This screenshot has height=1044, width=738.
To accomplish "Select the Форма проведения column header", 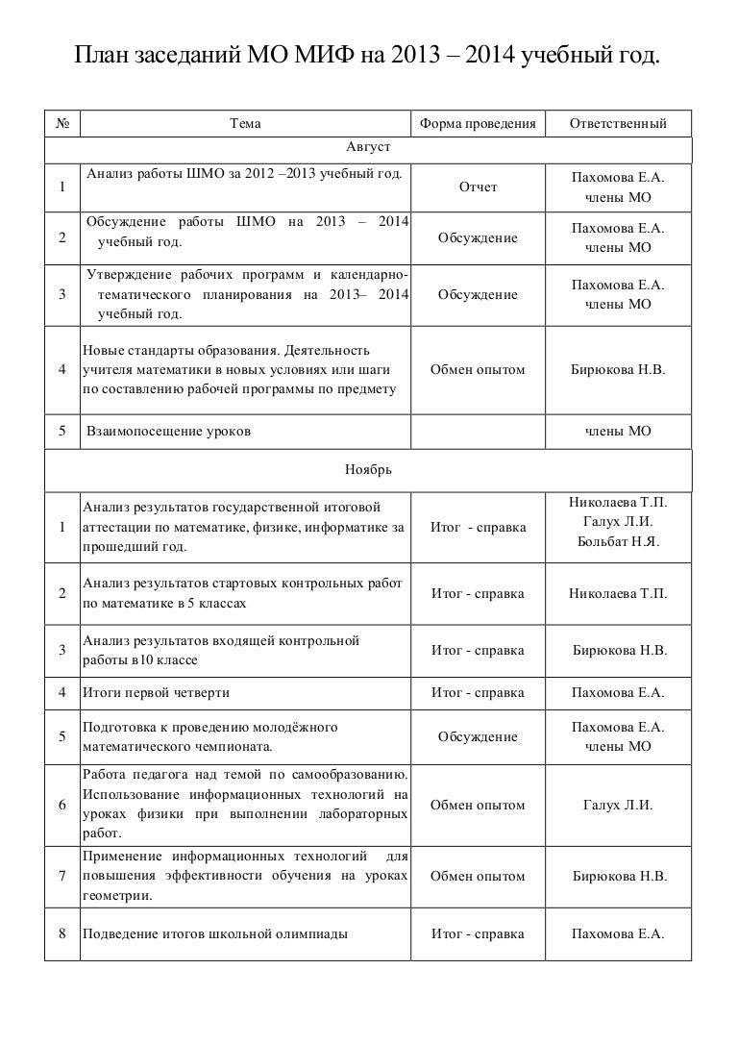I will click(477, 124).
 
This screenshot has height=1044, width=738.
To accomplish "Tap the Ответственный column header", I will click(618, 124).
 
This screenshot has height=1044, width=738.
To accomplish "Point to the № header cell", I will click(61, 124).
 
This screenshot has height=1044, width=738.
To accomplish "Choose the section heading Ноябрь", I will click(368, 470).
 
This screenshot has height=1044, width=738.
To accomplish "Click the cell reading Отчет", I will click(478, 187).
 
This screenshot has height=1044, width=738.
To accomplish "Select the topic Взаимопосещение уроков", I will click(169, 432).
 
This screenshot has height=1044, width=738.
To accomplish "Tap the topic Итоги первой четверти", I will click(157, 692).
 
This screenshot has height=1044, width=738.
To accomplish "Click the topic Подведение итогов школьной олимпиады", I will click(215, 933).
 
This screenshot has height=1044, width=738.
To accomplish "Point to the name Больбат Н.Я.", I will click(618, 542).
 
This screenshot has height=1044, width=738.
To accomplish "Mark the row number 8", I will click(61, 933).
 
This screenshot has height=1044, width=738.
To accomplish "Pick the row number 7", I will click(61, 876).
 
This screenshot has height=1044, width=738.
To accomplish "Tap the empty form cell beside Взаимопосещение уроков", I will click(478, 432).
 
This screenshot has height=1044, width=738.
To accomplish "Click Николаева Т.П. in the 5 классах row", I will click(618, 594).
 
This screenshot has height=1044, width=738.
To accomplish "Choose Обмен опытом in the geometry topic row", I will click(478, 877).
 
